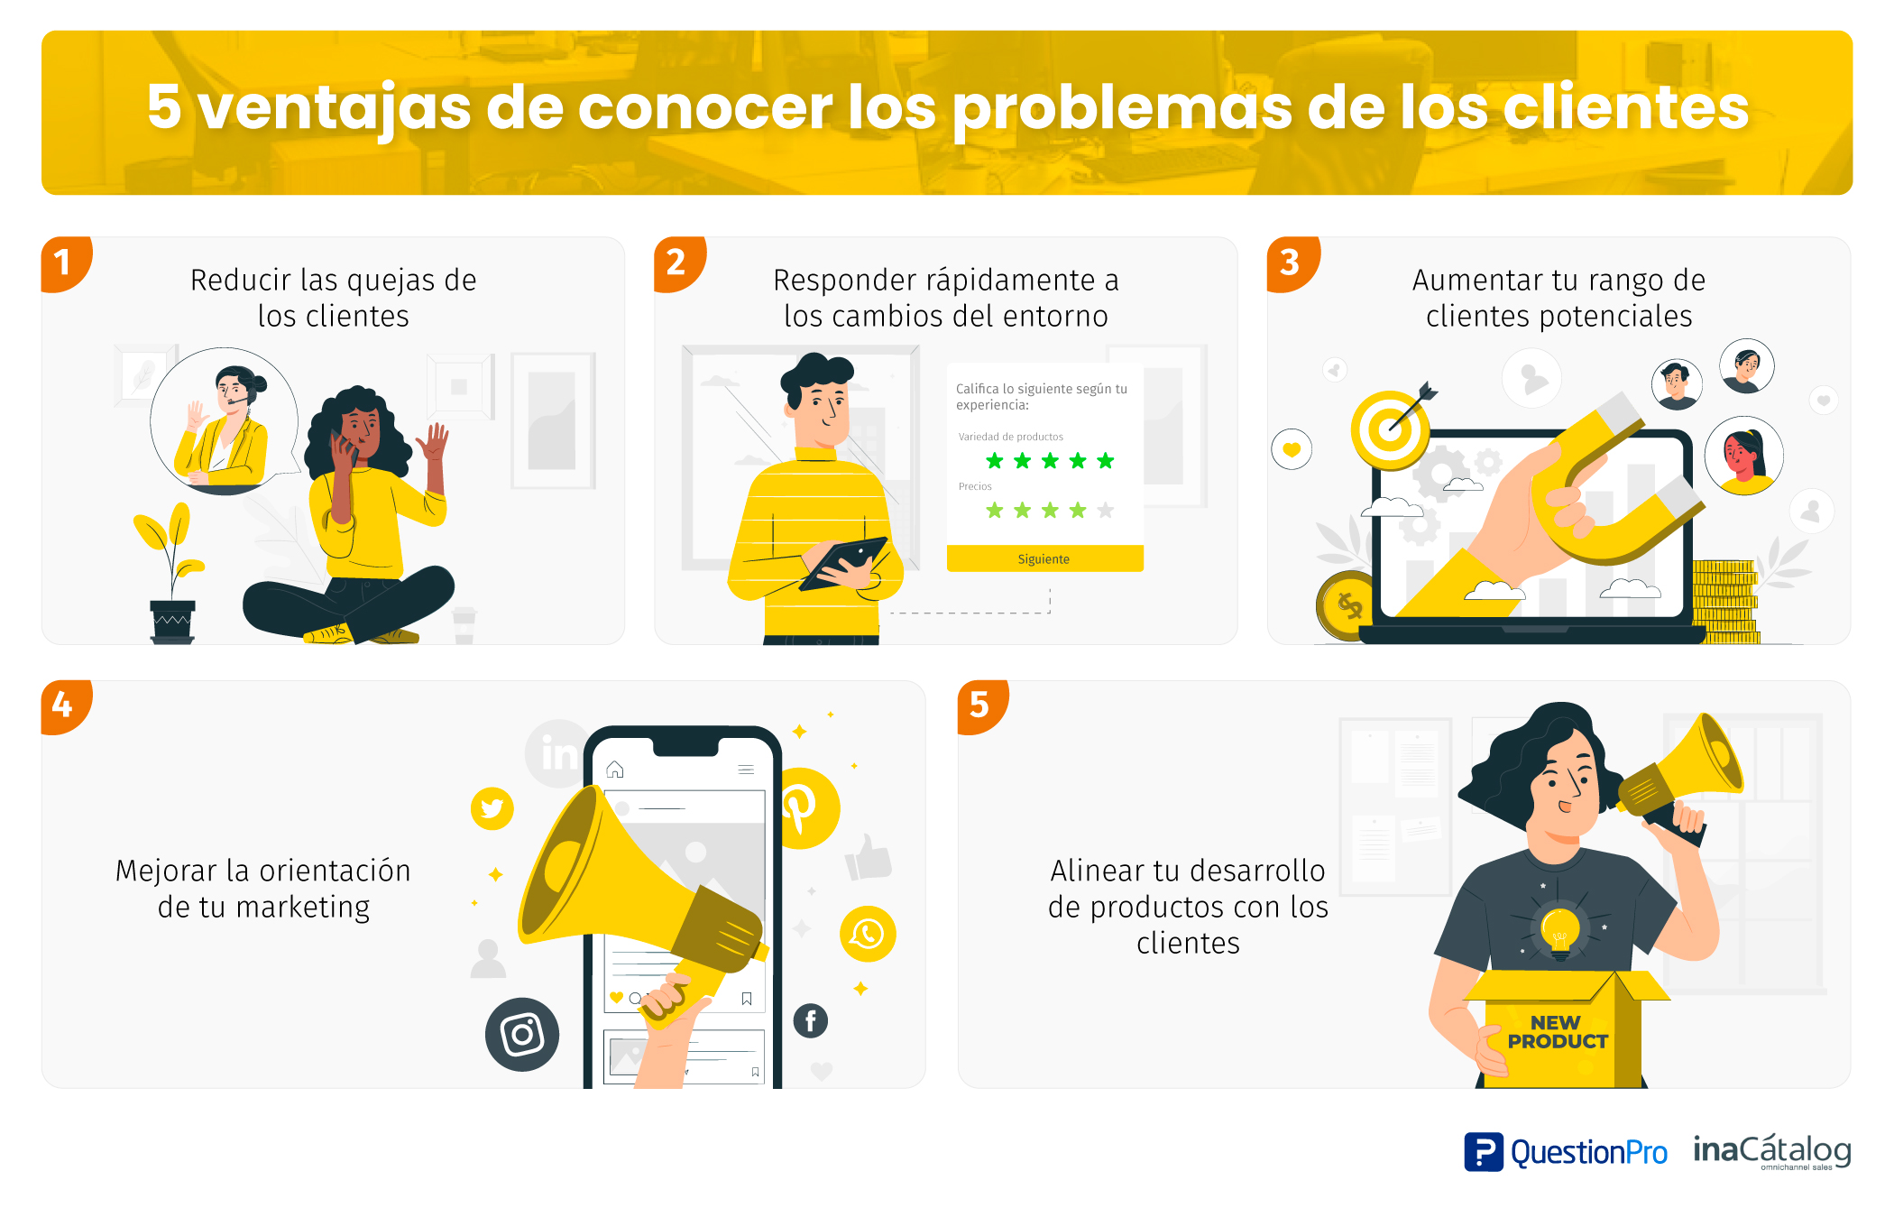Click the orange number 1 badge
(64, 263)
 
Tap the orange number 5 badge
(980, 705)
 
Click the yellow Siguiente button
(1044, 558)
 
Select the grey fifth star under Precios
(1106, 511)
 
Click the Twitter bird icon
(492, 808)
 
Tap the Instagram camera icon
(522, 1034)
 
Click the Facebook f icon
(811, 1020)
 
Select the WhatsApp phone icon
(868, 934)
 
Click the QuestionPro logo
(1566, 1152)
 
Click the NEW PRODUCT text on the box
(1557, 1032)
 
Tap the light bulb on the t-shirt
(1559, 929)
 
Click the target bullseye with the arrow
(1390, 429)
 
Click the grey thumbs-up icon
(868, 857)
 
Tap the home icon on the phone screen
(615, 770)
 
